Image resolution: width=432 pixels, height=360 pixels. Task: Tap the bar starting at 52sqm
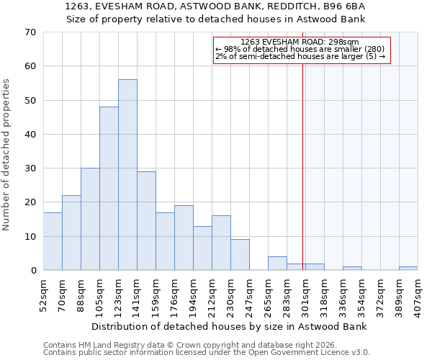click(53, 241)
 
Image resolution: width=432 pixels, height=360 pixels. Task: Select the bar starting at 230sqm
click(240, 255)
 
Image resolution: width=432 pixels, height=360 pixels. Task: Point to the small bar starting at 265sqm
click(277, 264)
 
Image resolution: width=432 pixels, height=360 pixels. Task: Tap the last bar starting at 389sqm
click(408, 269)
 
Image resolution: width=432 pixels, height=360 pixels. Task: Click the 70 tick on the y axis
click(30, 32)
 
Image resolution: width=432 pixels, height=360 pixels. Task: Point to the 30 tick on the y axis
click(30, 168)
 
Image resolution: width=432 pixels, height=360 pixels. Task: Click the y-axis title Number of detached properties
click(7, 155)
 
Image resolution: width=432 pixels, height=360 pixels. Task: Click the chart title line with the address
click(215, 6)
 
